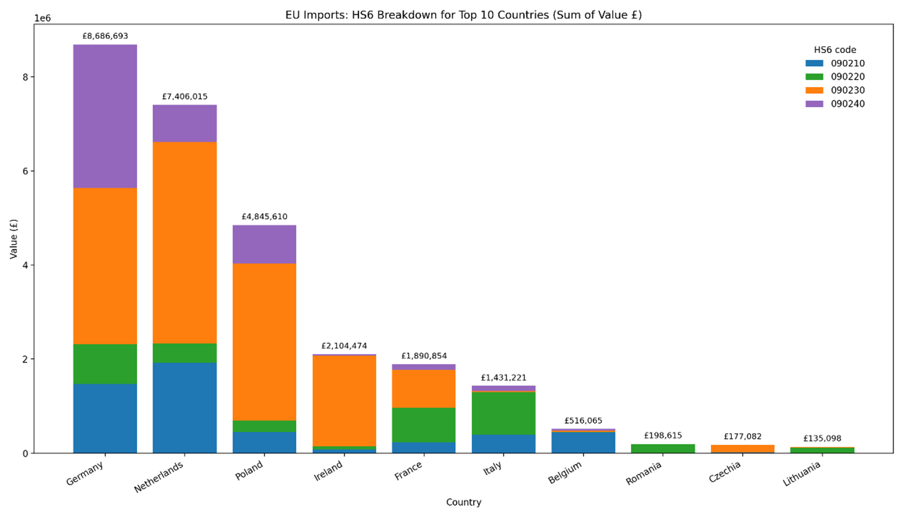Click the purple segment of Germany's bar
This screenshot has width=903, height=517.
(x=105, y=116)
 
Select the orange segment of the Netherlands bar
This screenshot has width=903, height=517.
(x=185, y=242)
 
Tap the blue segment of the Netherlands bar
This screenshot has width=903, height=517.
(x=185, y=408)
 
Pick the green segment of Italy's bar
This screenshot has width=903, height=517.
(x=503, y=413)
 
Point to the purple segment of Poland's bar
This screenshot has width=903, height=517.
(x=264, y=244)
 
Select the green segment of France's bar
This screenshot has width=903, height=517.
(x=424, y=424)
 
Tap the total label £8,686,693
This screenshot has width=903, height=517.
(x=105, y=36)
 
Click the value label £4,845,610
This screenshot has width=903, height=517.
(x=264, y=216)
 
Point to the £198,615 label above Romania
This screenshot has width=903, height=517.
(x=663, y=435)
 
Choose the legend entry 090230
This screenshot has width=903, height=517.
(x=847, y=90)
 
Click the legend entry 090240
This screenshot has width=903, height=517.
(x=847, y=104)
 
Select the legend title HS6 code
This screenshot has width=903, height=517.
(x=835, y=50)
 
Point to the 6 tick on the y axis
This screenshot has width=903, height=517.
(x=24, y=171)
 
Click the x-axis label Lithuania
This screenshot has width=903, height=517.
(x=802, y=474)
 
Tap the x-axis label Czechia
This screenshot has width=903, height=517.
(x=725, y=472)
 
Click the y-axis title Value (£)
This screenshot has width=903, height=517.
(x=14, y=239)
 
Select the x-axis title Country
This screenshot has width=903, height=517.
(x=463, y=502)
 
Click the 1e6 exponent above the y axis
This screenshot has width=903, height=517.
(x=42, y=18)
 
